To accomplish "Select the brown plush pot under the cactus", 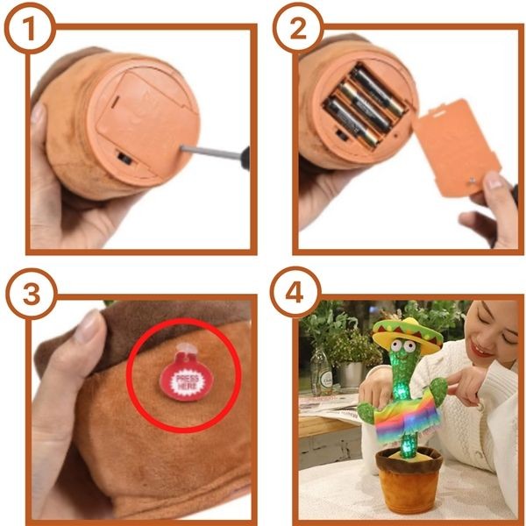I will pyautogui.click(x=408, y=478).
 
